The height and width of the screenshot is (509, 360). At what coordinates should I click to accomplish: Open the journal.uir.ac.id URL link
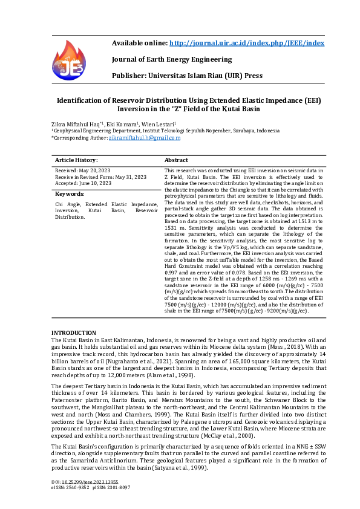coord(246,43)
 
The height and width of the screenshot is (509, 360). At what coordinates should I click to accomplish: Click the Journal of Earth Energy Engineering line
coord(172,59)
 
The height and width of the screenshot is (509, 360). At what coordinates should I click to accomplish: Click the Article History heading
coord(76,160)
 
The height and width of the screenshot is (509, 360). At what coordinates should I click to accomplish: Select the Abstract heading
coord(177,160)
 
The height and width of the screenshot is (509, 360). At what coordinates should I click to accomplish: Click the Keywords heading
coord(70,194)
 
